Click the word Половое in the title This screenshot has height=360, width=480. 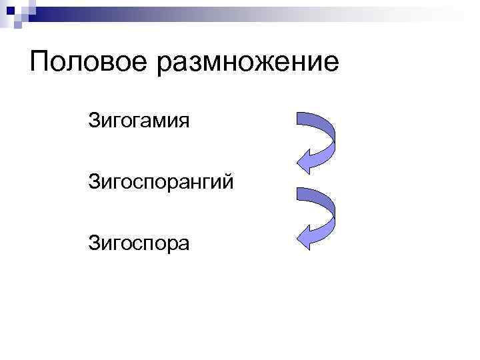pyautogui.click(x=87, y=63)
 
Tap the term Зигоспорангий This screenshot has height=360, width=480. pyautogui.click(x=161, y=182)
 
